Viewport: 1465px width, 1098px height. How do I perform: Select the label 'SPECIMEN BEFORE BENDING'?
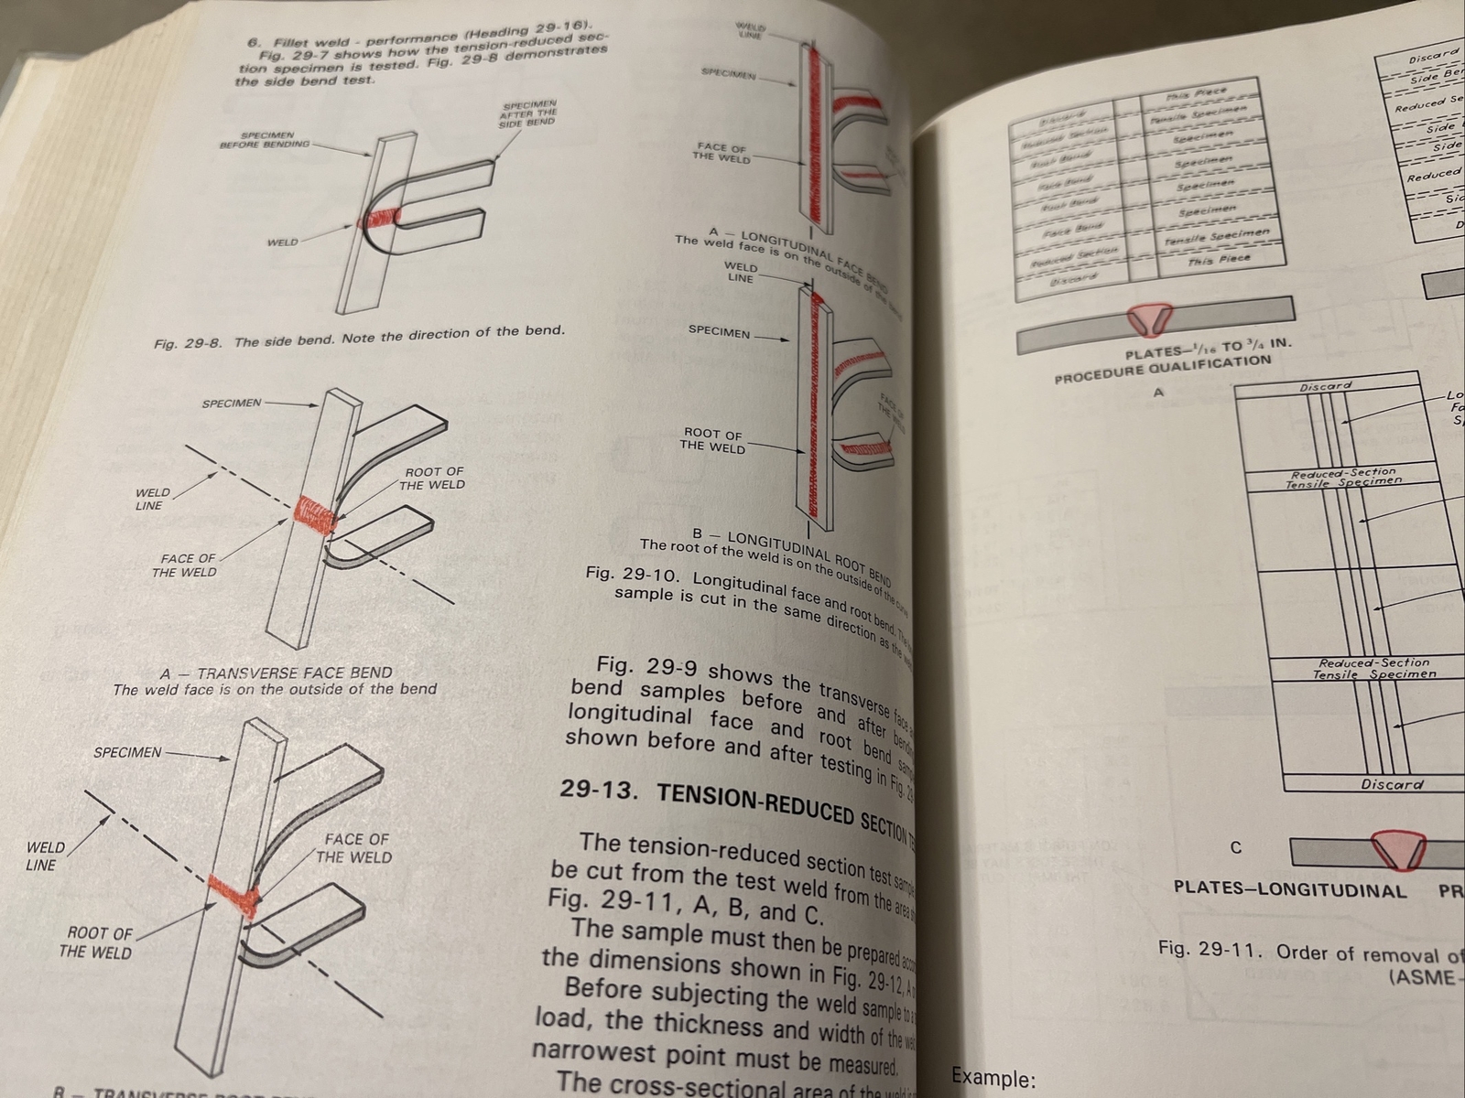[x=265, y=139]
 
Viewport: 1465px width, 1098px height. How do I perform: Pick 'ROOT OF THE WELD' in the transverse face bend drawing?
[x=431, y=478]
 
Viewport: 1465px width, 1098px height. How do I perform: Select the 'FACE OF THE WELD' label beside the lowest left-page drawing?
[x=354, y=848]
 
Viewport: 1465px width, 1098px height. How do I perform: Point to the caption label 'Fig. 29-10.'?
[x=633, y=576]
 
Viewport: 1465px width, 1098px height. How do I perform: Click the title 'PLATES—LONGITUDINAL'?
[x=1290, y=890]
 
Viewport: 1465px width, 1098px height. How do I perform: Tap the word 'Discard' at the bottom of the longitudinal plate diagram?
[x=1392, y=784]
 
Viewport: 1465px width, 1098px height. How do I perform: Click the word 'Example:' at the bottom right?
[x=993, y=1078]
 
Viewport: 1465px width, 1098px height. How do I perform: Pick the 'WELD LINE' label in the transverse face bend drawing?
[x=151, y=499]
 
